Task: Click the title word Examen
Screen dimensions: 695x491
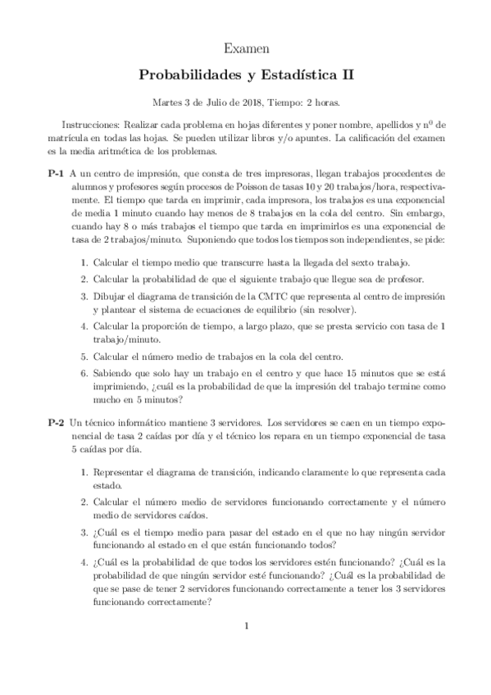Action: (x=245, y=50)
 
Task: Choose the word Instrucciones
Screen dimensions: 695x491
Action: (x=92, y=125)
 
